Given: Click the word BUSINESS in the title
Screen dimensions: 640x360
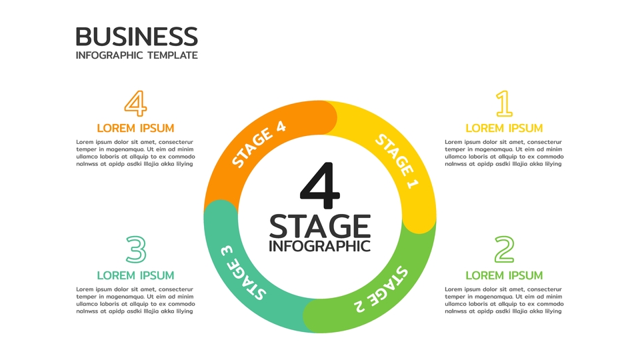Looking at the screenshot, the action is click(x=137, y=36).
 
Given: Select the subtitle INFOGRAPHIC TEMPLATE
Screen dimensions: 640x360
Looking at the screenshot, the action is click(x=137, y=55).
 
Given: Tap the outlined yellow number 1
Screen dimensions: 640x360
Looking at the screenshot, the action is click(x=504, y=104).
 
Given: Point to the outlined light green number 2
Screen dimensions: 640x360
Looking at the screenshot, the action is click(x=504, y=250).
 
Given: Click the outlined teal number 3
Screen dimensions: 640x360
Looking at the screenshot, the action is click(x=136, y=250).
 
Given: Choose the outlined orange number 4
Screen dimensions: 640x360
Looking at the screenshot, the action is click(x=136, y=104).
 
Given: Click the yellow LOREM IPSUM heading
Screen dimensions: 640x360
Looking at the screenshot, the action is click(x=504, y=128).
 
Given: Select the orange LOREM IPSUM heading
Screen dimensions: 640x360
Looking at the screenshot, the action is click(x=136, y=128).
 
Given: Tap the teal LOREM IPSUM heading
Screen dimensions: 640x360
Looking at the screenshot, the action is click(x=136, y=275).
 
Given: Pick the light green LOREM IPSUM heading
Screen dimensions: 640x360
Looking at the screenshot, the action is click(x=504, y=275).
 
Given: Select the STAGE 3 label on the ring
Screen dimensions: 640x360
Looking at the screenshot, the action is click(x=243, y=273).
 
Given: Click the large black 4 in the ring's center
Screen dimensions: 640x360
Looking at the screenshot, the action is click(x=320, y=183).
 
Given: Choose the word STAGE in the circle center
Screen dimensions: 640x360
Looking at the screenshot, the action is click(x=320, y=226).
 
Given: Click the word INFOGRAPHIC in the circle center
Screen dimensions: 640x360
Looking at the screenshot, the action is click(x=320, y=246).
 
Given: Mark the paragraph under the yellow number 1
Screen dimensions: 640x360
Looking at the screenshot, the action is click(x=504, y=153).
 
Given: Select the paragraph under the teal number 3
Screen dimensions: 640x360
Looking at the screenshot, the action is click(x=136, y=300).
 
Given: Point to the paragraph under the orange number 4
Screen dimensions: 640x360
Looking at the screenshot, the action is click(x=136, y=153).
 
